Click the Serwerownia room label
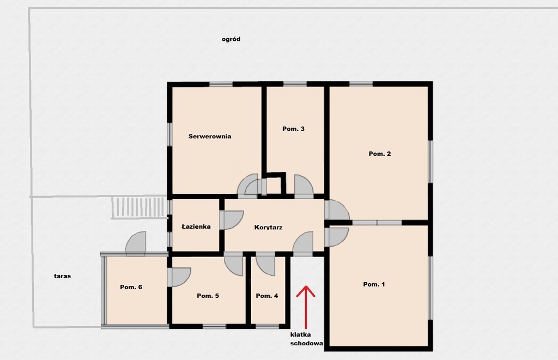click(210, 136)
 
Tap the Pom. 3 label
click(293, 129)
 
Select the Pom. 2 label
click(380, 154)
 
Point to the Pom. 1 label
click(374, 284)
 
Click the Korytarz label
click(268, 227)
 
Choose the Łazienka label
click(196, 227)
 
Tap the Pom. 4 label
click(267, 296)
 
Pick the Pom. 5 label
click(208, 296)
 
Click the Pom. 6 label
click(131, 287)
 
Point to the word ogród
click(231, 39)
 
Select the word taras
click(62, 276)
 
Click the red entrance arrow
click(306, 307)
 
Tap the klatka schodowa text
click(306, 339)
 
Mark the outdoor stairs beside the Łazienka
click(139, 208)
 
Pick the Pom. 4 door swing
click(265, 264)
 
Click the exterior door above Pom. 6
click(136, 243)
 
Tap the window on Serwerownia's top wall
click(221, 84)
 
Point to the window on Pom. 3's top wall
click(295, 84)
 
